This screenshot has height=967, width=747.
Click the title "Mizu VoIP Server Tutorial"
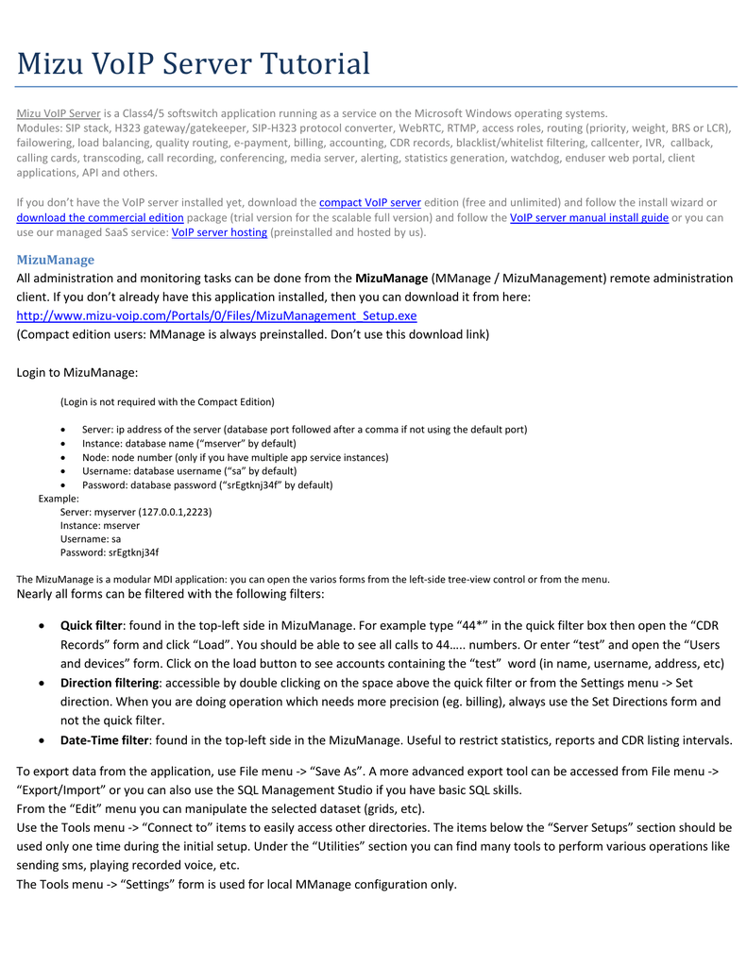194,64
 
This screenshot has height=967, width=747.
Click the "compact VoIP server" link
369,202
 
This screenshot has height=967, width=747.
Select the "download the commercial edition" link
100,217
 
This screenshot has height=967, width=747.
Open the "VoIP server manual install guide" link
588,217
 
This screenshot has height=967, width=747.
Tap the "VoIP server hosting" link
219,232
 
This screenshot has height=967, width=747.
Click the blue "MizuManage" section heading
56,260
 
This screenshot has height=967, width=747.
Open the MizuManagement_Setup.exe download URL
216,315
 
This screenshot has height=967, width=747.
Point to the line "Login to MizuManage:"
77,372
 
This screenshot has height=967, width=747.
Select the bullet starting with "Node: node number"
235,457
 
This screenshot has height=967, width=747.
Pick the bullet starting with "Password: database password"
207,485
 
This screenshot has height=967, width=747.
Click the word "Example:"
59,498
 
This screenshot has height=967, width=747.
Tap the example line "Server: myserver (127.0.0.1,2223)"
136,512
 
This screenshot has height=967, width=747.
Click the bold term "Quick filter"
92,625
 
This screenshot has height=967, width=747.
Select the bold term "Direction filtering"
110,683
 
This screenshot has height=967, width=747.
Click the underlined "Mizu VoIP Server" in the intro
59,113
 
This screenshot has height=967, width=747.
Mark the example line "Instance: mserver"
100,525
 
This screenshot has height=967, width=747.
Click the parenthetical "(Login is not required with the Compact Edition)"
167,401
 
